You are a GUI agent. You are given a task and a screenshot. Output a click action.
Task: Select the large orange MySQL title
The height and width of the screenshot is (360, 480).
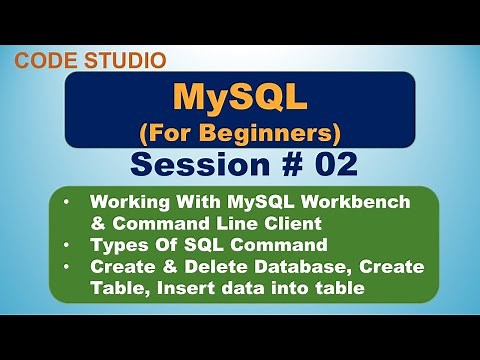tap(239, 97)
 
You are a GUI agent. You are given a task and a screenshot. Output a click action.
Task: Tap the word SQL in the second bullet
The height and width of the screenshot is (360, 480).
tap(192, 246)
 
